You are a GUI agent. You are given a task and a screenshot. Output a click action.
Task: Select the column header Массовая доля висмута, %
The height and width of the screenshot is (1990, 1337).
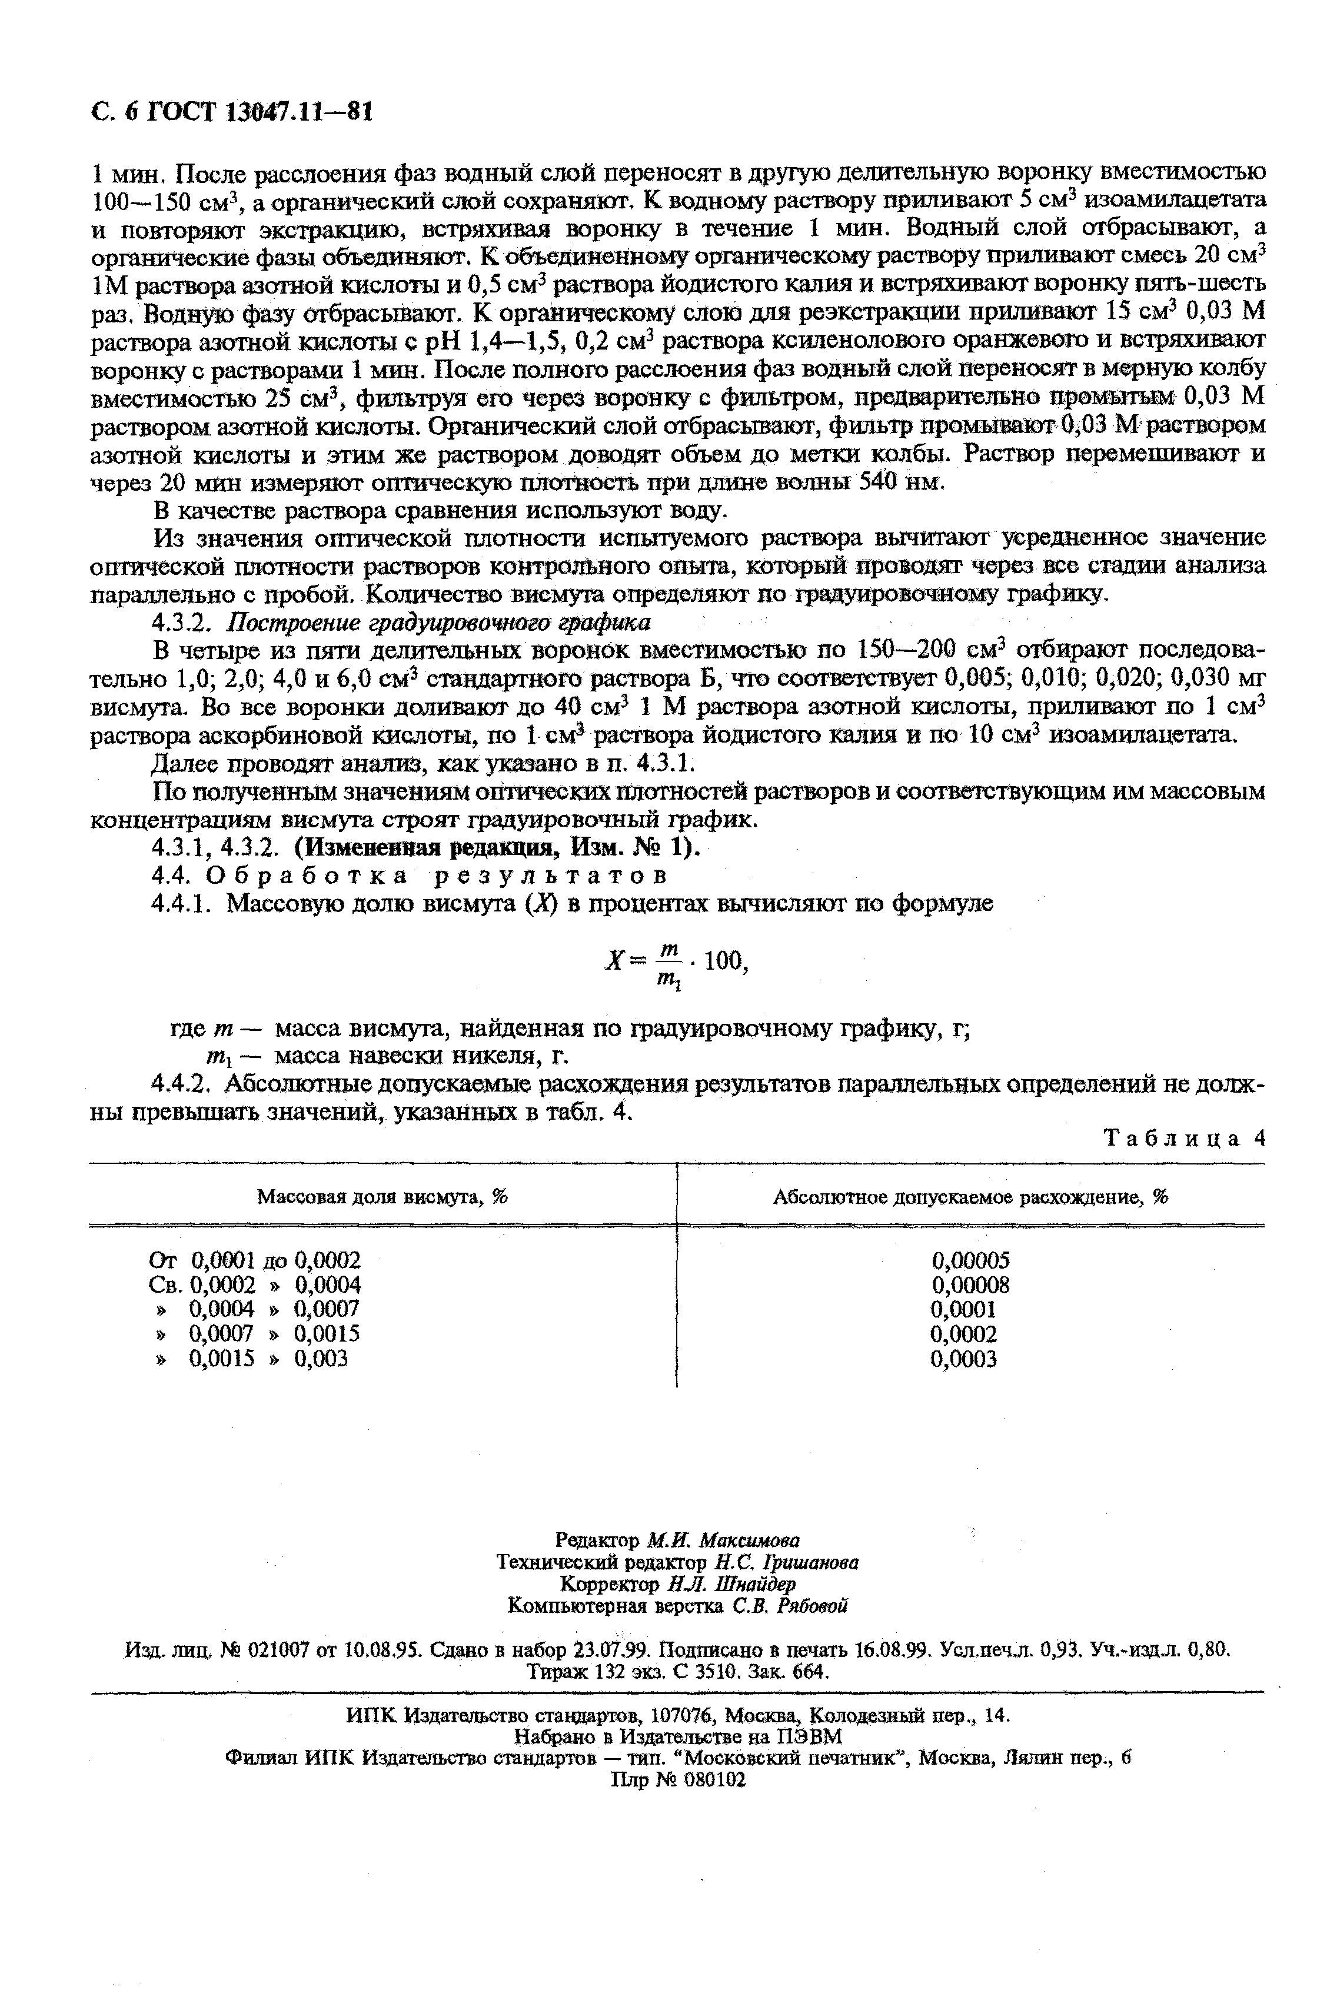[x=382, y=1197]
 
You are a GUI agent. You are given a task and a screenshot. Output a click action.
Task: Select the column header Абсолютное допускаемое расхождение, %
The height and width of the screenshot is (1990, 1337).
[x=969, y=1197]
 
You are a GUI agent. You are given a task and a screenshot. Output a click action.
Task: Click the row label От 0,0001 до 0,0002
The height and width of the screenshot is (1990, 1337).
[x=254, y=1260]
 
